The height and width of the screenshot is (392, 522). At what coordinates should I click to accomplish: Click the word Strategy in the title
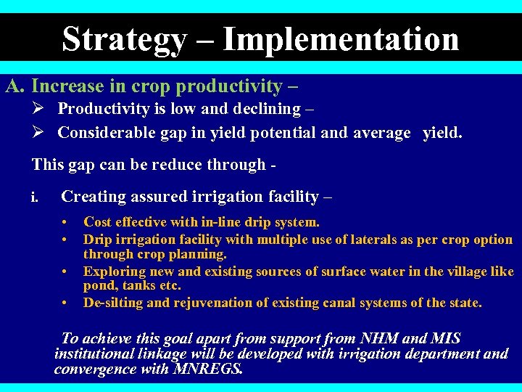point(123,39)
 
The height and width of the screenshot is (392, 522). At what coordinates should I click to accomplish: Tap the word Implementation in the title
point(341,39)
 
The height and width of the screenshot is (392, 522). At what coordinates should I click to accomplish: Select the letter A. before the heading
point(16,86)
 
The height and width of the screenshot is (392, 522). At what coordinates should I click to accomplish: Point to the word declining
point(272,109)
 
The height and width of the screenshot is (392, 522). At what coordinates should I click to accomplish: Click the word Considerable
point(106,132)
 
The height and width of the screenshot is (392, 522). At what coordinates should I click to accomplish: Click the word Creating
point(91,197)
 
